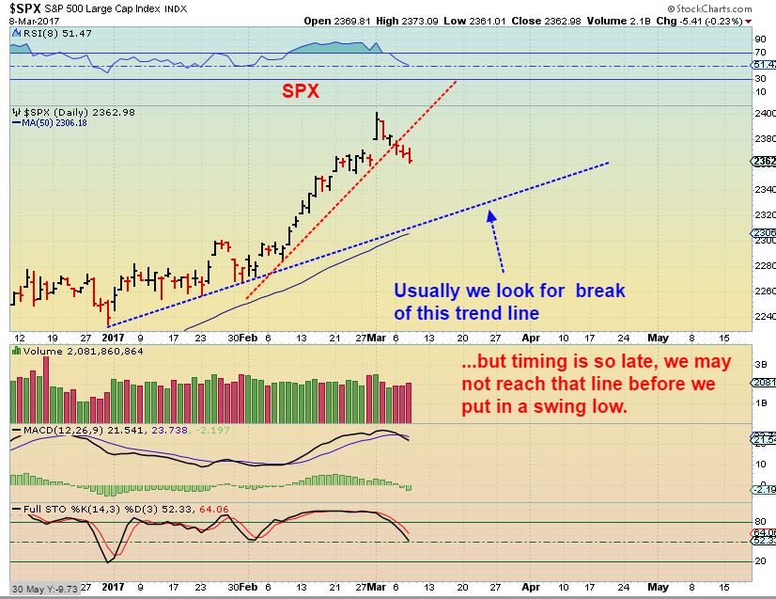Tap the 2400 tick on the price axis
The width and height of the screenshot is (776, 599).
point(764,112)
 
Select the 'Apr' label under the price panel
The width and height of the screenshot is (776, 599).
point(530,336)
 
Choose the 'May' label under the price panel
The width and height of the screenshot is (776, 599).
point(658,336)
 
